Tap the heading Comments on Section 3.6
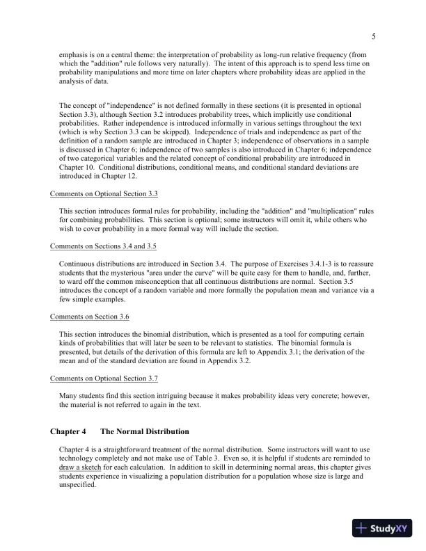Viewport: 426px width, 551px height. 90,317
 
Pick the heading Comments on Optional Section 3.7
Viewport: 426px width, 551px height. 104,378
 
